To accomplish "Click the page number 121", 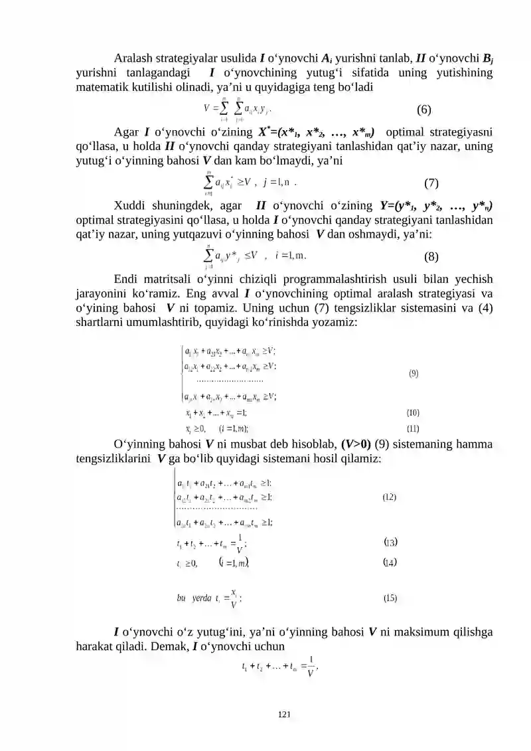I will (x=285, y=714).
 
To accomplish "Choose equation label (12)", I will (x=390, y=497).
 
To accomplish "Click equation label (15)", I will (x=390, y=598).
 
